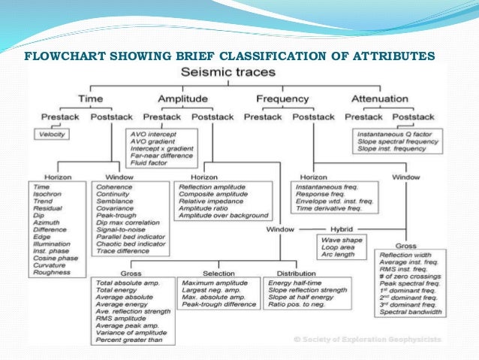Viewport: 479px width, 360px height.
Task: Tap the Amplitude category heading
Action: [182, 98]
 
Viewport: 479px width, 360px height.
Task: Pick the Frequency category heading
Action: [282, 98]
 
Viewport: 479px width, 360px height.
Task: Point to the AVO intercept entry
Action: [153, 133]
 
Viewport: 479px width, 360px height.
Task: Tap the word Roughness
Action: [53, 272]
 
